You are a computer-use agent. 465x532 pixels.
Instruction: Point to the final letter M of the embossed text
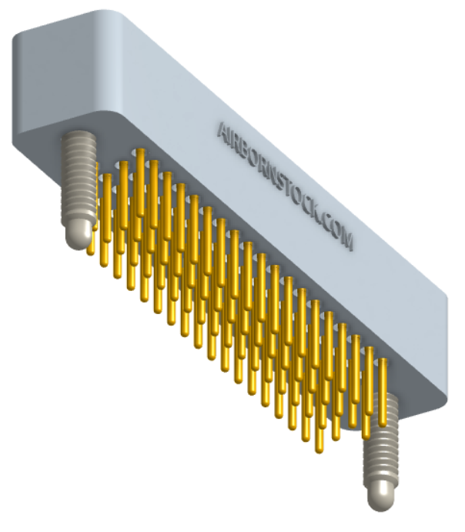pyautogui.click(x=347, y=240)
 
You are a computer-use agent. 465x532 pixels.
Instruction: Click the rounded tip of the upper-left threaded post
pyautogui.click(x=77, y=236)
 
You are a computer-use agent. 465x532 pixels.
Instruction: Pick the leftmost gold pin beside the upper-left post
pyautogui.click(x=91, y=223)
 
